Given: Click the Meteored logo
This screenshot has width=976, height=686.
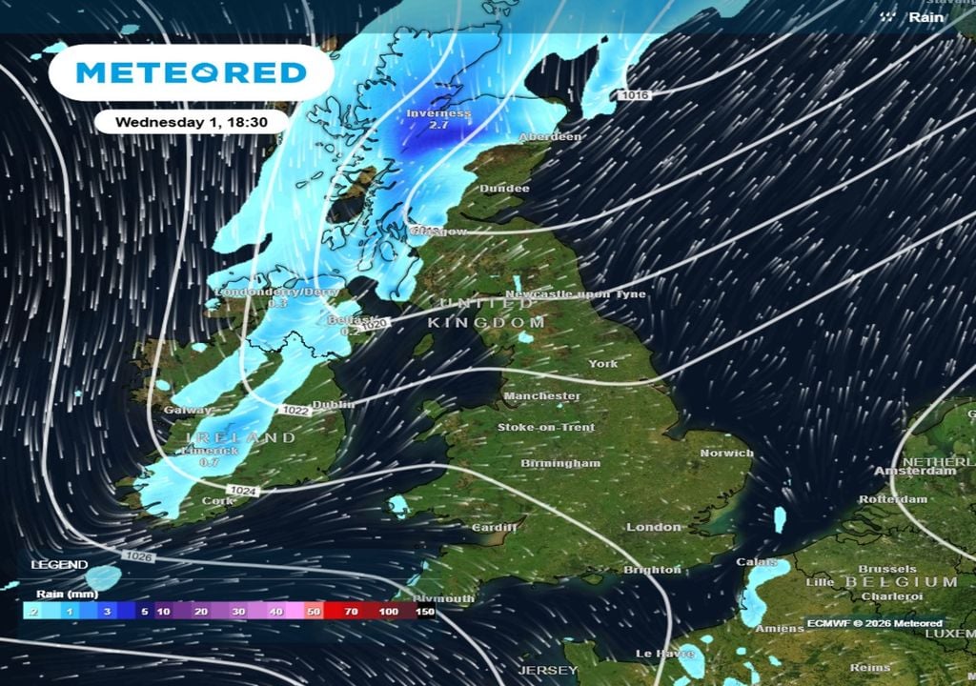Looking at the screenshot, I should pyautogui.click(x=191, y=72).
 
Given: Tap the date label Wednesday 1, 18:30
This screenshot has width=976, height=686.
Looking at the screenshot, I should pyautogui.click(x=190, y=122).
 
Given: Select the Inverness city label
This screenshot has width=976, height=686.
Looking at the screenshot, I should pyautogui.click(x=438, y=113).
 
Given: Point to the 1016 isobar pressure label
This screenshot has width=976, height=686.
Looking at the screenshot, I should pyautogui.click(x=634, y=95).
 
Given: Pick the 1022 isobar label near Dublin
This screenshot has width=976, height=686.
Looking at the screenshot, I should pyautogui.click(x=295, y=410).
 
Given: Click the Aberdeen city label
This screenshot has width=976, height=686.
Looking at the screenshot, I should pyautogui.click(x=550, y=137).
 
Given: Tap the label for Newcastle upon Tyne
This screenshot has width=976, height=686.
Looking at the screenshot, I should pyautogui.click(x=575, y=294).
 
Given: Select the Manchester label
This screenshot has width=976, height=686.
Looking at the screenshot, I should pyautogui.click(x=541, y=395).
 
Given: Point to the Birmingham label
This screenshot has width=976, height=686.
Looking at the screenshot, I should pyautogui.click(x=560, y=463).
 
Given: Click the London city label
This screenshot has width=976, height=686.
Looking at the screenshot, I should pyautogui.click(x=654, y=527).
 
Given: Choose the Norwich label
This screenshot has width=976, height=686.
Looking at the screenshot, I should pyautogui.click(x=726, y=454).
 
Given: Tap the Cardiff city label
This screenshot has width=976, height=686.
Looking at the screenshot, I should pyautogui.click(x=494, y=528).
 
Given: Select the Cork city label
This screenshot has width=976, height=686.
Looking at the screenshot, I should pyautogui.click(x=217, y=500).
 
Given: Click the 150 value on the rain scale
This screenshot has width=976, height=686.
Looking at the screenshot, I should pyautogui.click(x=424, y=612).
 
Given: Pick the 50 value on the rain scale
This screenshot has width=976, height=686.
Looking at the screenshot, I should pyautogui.click(x=312, y=612).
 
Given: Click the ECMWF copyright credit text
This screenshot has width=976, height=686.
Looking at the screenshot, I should pyautogui.click(x=874, y=623).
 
